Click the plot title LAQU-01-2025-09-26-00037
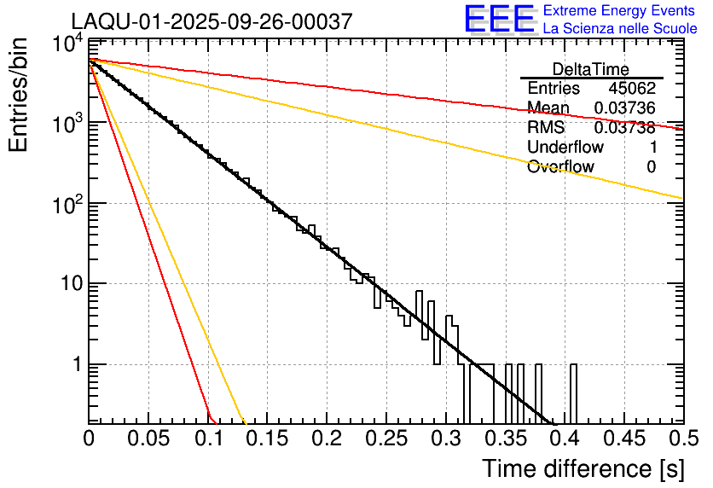coord(211,22)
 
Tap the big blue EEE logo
coord(499,19)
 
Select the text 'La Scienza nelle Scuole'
coord(620,28)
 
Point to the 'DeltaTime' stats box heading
coord(591,69)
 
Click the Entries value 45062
coord(632,89)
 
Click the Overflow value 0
coord(651,167)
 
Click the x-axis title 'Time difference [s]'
coord(582,468)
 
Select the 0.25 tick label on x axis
coord(386,439)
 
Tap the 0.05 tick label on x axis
coord(148,439)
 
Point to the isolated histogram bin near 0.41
coord(573,393)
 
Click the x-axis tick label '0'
coord(89,439)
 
